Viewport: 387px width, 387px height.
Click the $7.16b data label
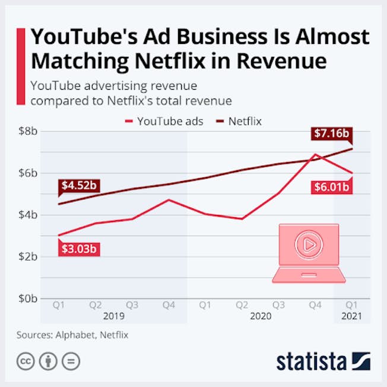coord(330,134)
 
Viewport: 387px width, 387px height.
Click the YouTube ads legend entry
coord(164,121)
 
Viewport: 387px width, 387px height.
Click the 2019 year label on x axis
coord(114,316)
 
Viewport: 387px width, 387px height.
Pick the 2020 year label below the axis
coord(260,316)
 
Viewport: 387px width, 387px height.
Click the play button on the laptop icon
coord(309,244)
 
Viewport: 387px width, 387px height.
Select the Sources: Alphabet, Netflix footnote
coord(72,335)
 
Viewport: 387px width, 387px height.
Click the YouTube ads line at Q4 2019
coord(169,200)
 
